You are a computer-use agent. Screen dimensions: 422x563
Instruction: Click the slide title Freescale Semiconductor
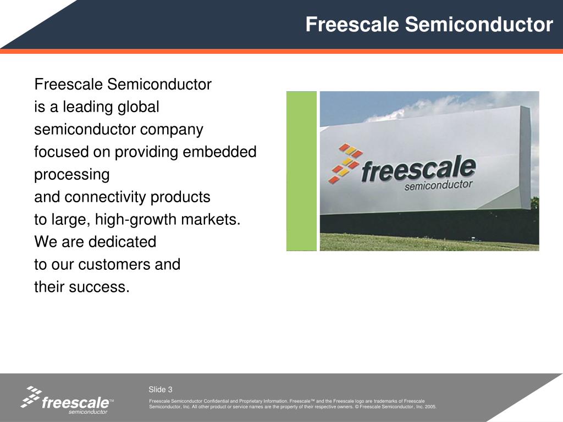[429, 25]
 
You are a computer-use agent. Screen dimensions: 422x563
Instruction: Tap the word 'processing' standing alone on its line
[72, 175]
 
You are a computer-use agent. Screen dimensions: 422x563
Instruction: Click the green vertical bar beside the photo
[301, 171]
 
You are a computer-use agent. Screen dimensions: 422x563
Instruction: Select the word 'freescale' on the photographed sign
[418, 168]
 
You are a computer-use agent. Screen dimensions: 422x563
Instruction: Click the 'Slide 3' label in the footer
[161, 390]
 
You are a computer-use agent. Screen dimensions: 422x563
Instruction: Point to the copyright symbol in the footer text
[357, 407]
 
